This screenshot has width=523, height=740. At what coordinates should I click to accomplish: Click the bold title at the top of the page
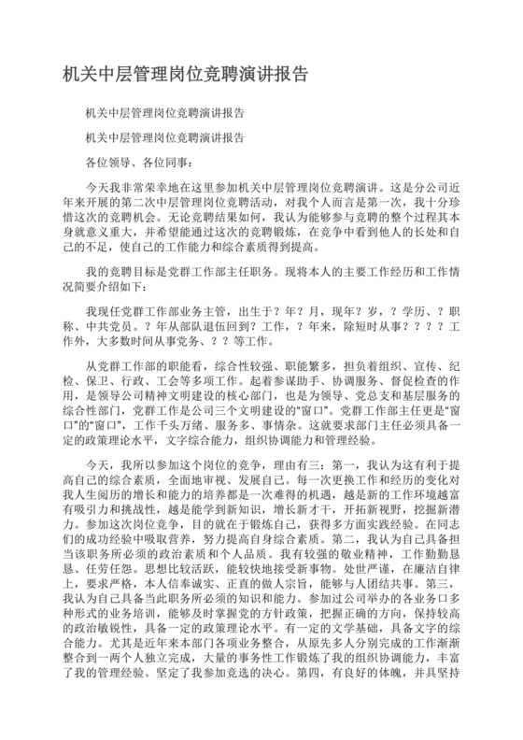point(185,73)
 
